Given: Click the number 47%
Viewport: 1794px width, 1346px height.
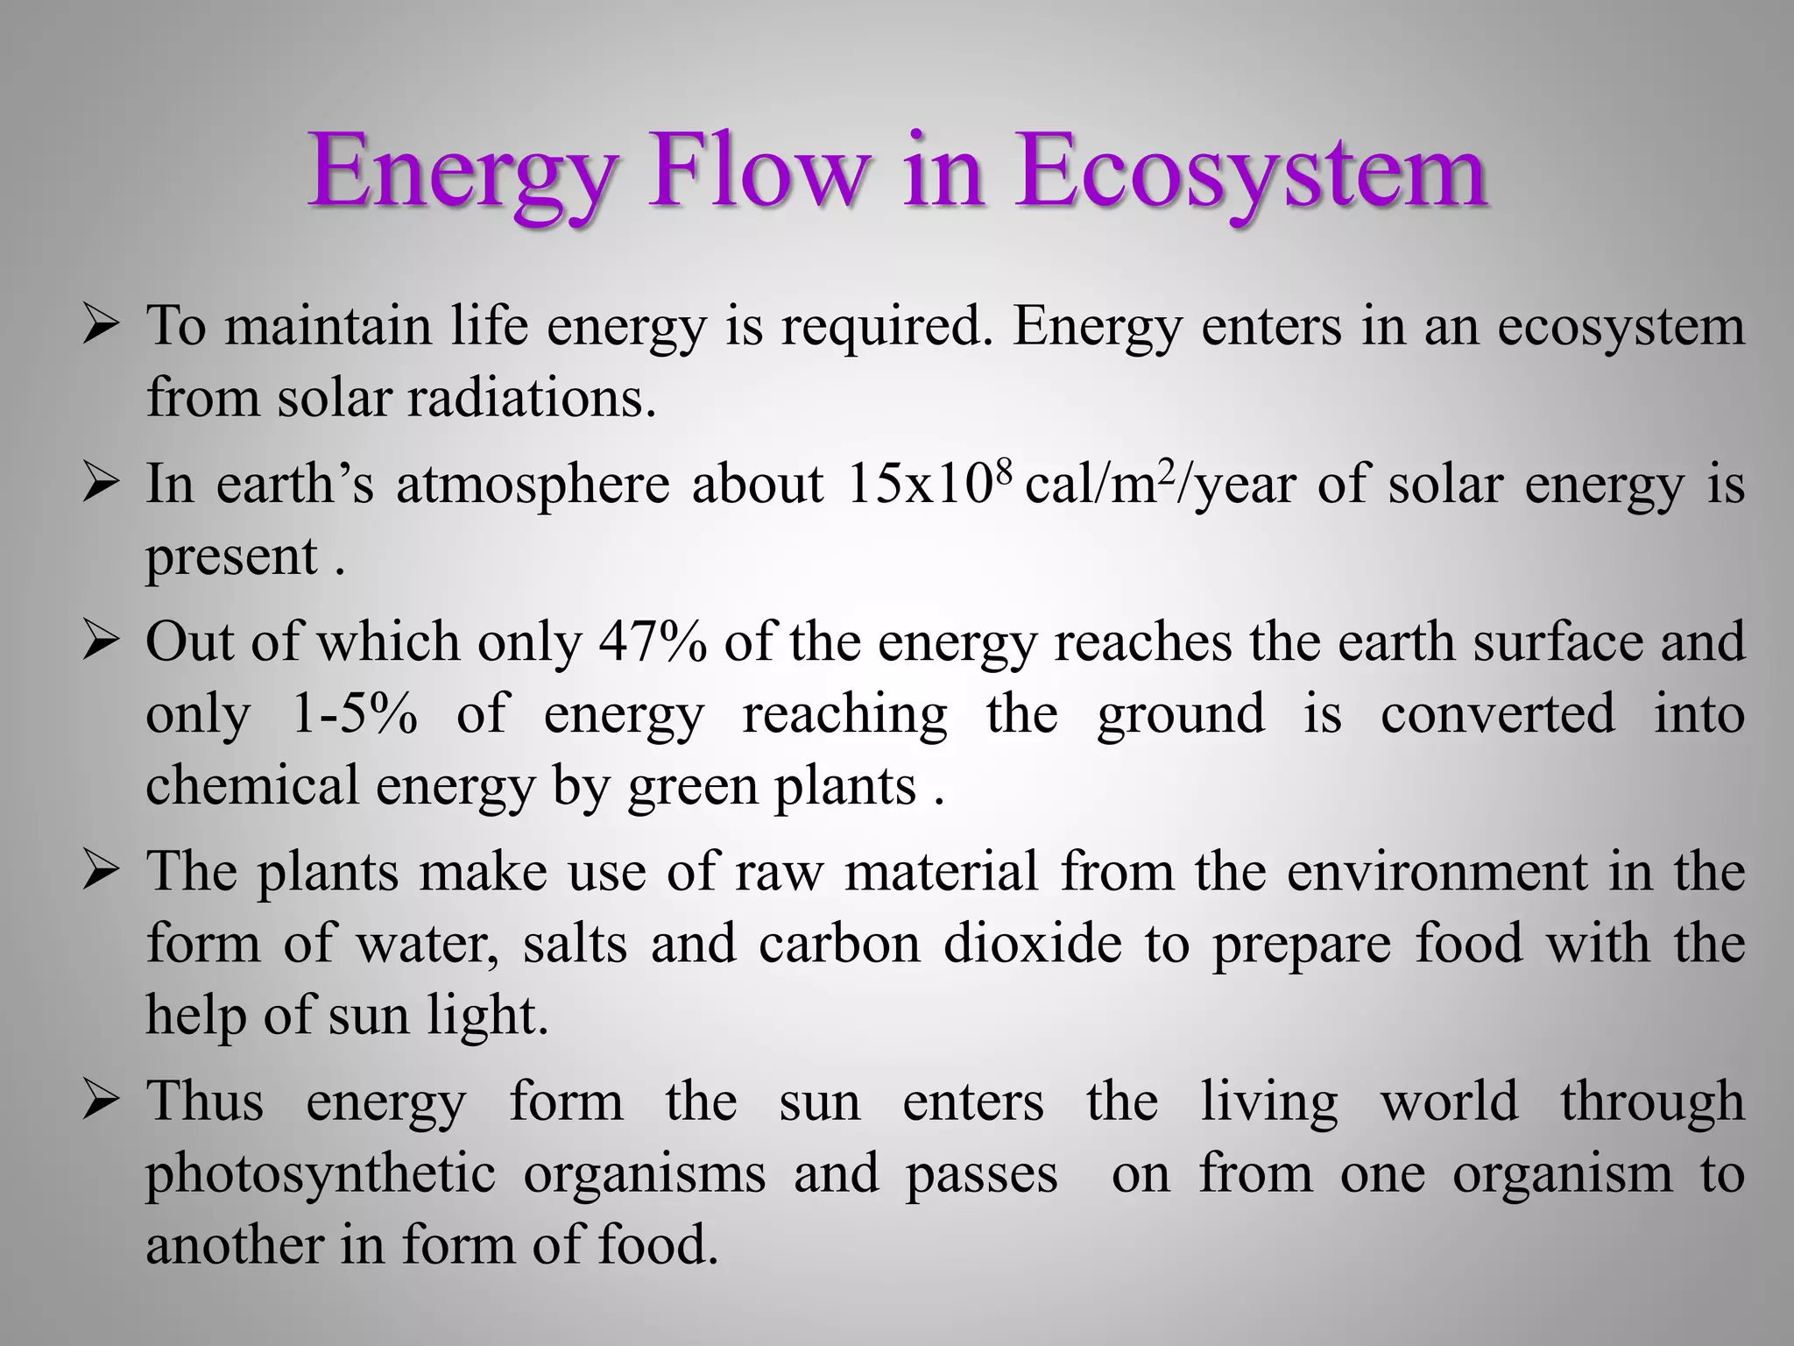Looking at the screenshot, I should point(653,642).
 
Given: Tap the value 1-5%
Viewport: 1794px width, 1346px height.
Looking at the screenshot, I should point(352,714).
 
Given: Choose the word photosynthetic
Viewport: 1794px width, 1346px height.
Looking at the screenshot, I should point(320,1175).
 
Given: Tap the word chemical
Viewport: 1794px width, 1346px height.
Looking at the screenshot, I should point(251,785).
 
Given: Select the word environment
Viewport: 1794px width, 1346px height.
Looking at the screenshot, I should point(1437,873).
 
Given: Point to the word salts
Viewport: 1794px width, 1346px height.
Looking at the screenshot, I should point(575,945).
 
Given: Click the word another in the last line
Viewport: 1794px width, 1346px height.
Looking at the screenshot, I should point(234,1245).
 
